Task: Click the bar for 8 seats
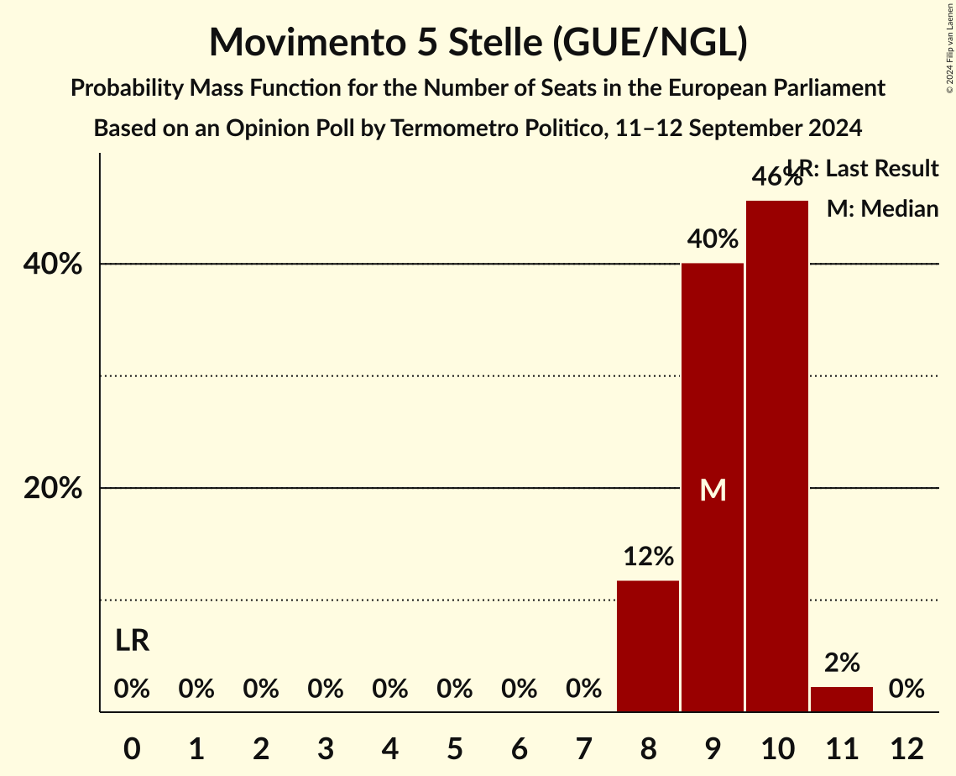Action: [x=648, y=646]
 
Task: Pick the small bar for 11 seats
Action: [x=842, y=699]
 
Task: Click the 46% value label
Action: [x=777, y=177]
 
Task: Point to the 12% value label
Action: [x=648, y=556]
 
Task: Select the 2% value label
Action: [x=842, y=663]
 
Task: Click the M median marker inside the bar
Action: [x=713, y=490]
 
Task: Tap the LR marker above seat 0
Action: [x=132, y=641]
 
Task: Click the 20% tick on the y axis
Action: [x=53, y=488]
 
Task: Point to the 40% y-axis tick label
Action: [x=53, y=265]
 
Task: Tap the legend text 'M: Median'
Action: [x=882, y=208]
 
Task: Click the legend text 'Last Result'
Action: [x=881, y=169]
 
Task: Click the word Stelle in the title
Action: [x=488, y=42]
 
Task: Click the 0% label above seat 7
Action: [x=584, y=689]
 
